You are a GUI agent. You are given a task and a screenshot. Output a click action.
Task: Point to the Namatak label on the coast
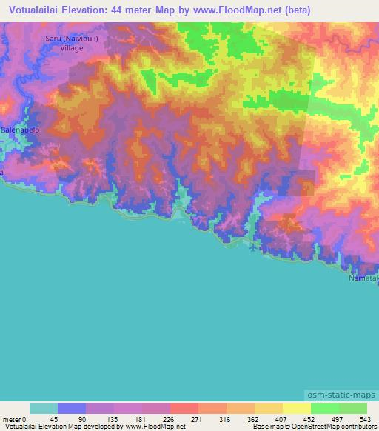(x=363, y=278)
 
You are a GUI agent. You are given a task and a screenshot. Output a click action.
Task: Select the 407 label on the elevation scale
(x=282, y=420)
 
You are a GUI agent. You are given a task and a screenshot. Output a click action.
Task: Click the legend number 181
(x=142, y=420)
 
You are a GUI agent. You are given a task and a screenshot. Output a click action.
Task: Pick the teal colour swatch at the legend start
(x=44, y=408)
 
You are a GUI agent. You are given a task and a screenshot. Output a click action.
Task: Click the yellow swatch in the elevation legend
(x=296, y=408)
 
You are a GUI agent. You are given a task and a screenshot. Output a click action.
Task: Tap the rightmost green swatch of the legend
(x=352, y=408)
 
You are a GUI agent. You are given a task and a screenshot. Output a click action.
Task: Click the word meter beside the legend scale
(x=13, y=420)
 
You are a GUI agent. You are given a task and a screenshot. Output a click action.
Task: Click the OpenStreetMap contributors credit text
(x=332, y=427)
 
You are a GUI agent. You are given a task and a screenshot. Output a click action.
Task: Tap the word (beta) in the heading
(x=295, y=10)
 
